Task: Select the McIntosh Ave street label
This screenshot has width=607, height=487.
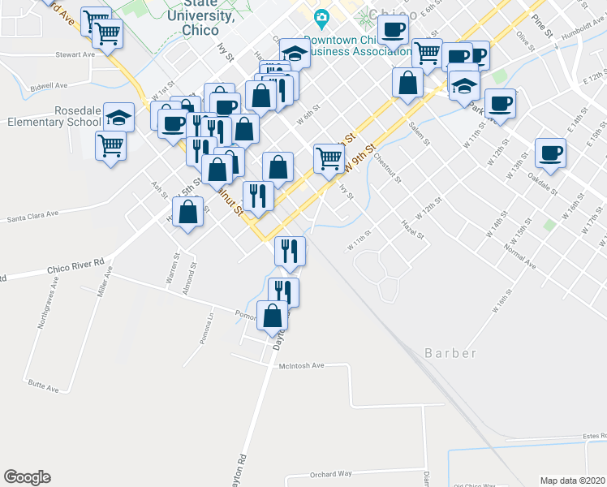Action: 301,366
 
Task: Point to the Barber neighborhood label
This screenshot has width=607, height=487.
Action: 450,353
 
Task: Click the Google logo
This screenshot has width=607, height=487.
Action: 27,477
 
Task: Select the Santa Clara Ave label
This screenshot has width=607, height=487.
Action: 33,216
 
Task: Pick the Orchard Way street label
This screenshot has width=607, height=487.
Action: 330,474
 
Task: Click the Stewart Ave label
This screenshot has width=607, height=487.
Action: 75,55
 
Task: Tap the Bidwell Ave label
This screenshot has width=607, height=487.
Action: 48,85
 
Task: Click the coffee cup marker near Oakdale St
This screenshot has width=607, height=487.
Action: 550,153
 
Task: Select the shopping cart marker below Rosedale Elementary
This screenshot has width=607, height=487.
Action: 111,146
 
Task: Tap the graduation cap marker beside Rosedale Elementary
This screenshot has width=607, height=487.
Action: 119,118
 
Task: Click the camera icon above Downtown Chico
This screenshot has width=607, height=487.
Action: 322,17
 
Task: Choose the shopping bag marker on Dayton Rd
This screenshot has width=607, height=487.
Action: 273,315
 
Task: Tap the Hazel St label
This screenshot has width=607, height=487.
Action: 414,223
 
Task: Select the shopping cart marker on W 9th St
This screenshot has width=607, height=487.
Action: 329,157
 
